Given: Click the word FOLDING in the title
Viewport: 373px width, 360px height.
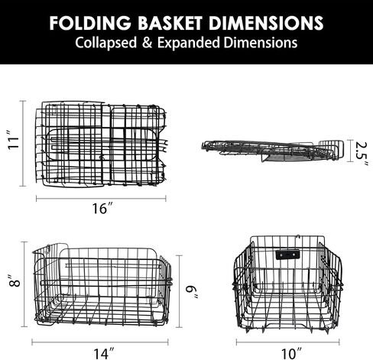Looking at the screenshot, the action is coord(90,23).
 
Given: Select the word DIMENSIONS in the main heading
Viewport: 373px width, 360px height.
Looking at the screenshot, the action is coord(266,23).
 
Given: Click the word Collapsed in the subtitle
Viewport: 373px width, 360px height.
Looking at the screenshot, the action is coord(106,43).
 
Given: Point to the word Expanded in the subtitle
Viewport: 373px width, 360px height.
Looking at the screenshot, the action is coord(189,43).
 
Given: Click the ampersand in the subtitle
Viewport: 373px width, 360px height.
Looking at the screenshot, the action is coord(148,43).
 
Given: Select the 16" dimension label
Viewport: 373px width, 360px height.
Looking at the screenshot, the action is coord(102,209).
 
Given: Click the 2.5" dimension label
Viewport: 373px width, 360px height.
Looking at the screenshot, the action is coord(362,154).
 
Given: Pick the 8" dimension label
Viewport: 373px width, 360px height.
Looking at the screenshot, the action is coord(14,281).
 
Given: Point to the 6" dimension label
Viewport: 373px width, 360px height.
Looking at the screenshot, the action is coord(192,292).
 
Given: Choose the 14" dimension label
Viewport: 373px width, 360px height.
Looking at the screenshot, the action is coord(104,353).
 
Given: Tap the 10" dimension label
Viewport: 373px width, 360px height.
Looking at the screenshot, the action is coord(291,353).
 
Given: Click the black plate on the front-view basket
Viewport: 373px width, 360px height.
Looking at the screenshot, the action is coord(287,255).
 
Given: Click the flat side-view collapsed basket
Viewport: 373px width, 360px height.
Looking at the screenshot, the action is coord(273,151).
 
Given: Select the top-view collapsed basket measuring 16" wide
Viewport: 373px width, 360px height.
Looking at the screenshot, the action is coord(101,144).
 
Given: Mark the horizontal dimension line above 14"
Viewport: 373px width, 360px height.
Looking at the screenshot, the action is coord(100,342).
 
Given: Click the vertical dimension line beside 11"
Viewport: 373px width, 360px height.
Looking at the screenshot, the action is coord(23,144).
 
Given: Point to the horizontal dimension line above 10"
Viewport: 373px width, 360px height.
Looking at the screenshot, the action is coord(287,342).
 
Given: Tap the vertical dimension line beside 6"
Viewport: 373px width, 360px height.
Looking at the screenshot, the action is coord(179,291).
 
